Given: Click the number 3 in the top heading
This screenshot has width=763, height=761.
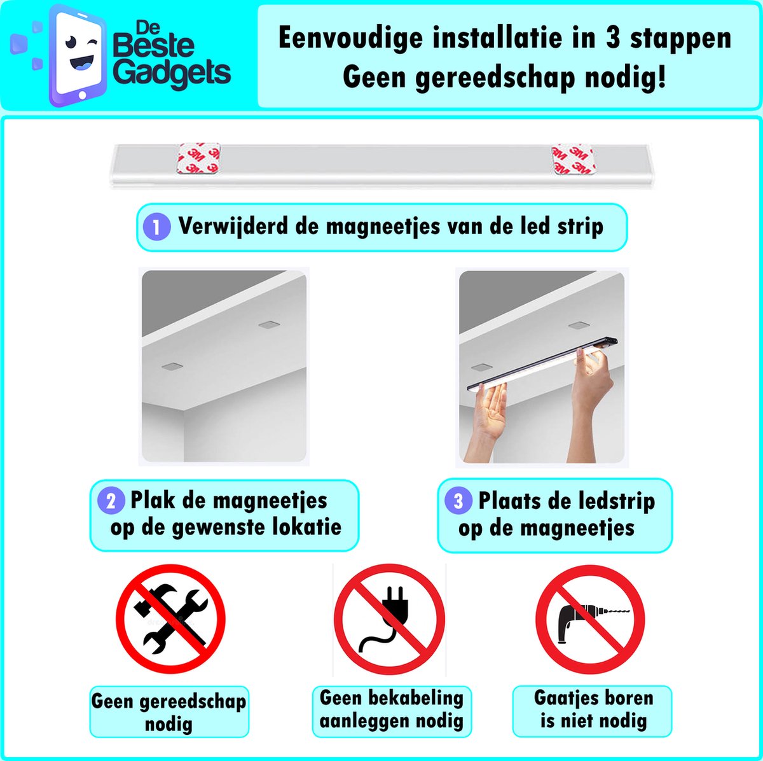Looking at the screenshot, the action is click(612, 38).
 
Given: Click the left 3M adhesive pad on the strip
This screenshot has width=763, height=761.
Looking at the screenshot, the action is click(198, 158).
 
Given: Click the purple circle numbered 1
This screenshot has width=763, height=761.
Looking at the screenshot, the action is click(156, 227).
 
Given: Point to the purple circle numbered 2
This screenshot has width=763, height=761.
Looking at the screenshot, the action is click(111, 501).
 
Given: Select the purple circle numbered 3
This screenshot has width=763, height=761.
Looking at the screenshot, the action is click(458, 501).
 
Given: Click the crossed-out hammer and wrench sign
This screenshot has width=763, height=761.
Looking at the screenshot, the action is click(170, 618).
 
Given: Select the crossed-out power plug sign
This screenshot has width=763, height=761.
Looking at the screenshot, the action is click(389, 619).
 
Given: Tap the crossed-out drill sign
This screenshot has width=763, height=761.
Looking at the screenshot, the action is click(590, 620).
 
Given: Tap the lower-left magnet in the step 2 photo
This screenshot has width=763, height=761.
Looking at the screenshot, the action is click(172, 367).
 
